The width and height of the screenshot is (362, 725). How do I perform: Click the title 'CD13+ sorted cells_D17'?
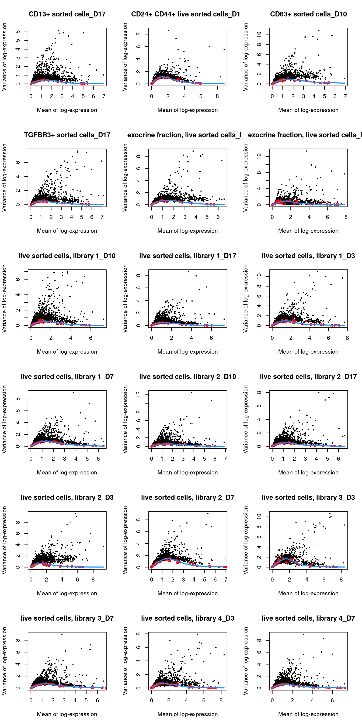pyautogui.click(x=67, y=14)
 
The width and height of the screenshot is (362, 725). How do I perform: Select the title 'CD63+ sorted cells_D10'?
pyautogui.click(x=308, y=14)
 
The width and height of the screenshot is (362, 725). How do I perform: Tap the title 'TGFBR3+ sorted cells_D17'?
pyautogui.click(x=67, y=135)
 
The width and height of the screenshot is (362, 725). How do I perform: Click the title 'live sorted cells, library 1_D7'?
pyautogui.click(x=67, y=377)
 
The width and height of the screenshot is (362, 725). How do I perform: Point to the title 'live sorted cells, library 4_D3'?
pyautogui.click(x=187, y=618)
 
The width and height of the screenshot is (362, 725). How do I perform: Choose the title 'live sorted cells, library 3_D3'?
pyautogui.click(x=308, y=497)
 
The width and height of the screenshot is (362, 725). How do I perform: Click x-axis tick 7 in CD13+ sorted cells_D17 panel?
pyautogui.click(x=104, y=96)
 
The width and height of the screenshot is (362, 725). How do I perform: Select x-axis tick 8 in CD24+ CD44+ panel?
pyautogui.click(x=217, y=96)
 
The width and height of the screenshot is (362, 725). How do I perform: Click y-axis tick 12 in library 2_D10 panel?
pyautogui.click(x=138, y=395)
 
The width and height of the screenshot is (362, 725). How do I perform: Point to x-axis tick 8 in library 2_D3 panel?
pyautogui.click(x=93, y=580)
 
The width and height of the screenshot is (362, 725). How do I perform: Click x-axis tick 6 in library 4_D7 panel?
pyautogui.click(x=332, y=700)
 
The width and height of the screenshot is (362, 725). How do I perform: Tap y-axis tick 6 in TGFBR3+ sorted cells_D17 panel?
pyautogui.click(x=18, y=162)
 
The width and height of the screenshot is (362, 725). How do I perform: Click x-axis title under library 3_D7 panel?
pyautogui.click(x=67, y=714)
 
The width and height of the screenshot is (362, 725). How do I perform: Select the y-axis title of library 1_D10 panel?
pyautogui.click(x=4, y=298)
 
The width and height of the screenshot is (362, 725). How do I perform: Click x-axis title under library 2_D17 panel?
pyautogui.click(x=308, y=472)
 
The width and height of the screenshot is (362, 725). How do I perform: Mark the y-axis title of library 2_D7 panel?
pyautogui.click(x=125, y=540)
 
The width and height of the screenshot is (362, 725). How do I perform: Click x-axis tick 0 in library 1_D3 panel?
pyautogui.click(x=272, y=338)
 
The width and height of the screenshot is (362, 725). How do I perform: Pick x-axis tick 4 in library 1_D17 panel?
pyautogui.click(x=192, y=338)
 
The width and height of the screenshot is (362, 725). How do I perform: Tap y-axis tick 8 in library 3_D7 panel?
pyautogui.click(x=18, y=640)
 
